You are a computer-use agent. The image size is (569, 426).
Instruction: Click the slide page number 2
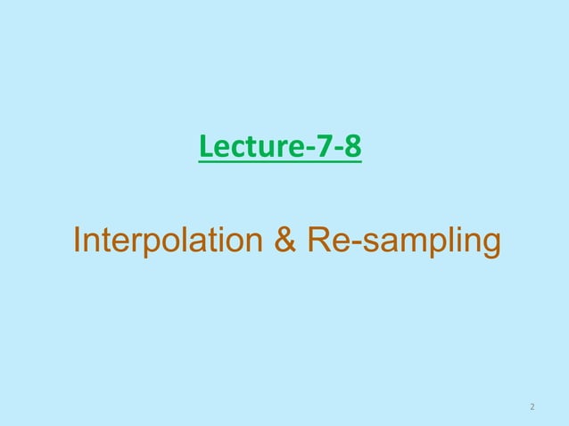[x=532, y=408]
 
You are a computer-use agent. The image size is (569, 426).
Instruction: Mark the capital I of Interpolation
[x=77, y=241]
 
